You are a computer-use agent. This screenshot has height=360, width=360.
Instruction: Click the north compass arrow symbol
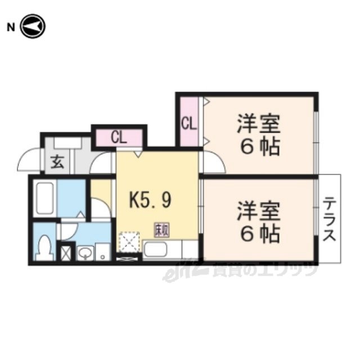click(x=33, y=27)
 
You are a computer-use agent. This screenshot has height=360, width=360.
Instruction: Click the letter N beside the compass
click(x=10, y=27)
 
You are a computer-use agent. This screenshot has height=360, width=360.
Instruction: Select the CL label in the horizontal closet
click(x=118, y=137)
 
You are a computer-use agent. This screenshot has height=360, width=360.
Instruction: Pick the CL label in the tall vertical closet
click(x=188, y=122)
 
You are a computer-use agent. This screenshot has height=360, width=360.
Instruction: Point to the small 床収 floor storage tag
click(x=161, y=229)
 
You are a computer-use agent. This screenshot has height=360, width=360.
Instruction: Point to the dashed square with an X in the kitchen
click(x=129, y=242)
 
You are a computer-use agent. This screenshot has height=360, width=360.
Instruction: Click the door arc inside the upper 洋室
click(x=214, y=164)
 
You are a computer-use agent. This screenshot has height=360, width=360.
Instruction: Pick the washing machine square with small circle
click(x=103, y=251)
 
